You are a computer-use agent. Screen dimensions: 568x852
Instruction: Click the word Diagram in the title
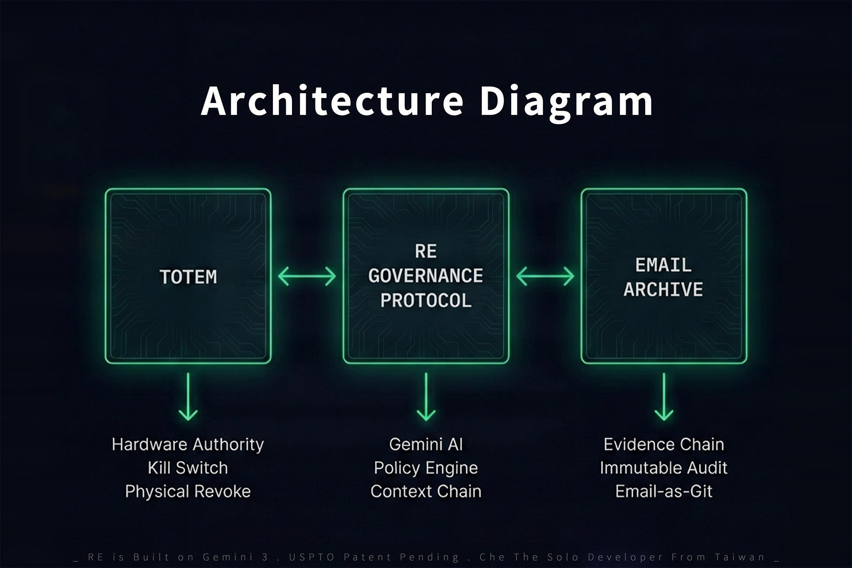coord(566,102)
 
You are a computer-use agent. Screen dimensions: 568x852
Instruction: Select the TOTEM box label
coord(188,277)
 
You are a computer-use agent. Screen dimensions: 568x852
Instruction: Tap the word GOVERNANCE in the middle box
coord(426,276)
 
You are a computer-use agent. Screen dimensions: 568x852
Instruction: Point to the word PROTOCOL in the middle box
coord(426,301)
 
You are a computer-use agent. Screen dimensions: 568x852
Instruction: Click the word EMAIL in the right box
coord(663,265)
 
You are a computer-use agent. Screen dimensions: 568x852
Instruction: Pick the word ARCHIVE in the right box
coord(663,290)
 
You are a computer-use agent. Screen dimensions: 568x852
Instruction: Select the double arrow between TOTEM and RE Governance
coord(307,276)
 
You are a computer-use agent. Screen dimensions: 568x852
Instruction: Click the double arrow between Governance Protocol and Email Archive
coord(545,276)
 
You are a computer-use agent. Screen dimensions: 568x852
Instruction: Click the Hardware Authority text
coord(188,444)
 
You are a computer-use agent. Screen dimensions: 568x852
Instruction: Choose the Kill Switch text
coord(188,468)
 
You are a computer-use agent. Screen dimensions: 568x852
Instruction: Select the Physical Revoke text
coord(188,491)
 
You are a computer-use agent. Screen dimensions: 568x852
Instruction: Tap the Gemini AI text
coord(426,444)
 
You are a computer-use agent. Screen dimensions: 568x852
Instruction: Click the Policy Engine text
coord(426,468)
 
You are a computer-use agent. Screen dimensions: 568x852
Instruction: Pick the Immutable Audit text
coord(663,468)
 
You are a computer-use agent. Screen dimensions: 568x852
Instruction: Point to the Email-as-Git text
coord(663,491)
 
